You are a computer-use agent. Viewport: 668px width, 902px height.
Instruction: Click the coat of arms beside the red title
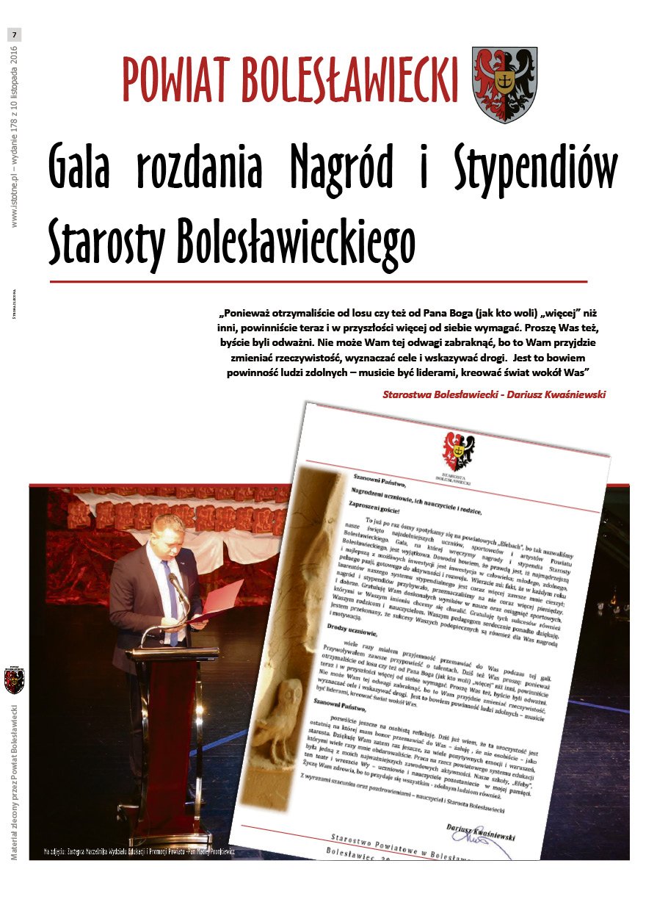point(504,84)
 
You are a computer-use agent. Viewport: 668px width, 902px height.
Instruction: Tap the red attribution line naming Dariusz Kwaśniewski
point(494,394)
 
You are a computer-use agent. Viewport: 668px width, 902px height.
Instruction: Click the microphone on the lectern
point(177,588)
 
